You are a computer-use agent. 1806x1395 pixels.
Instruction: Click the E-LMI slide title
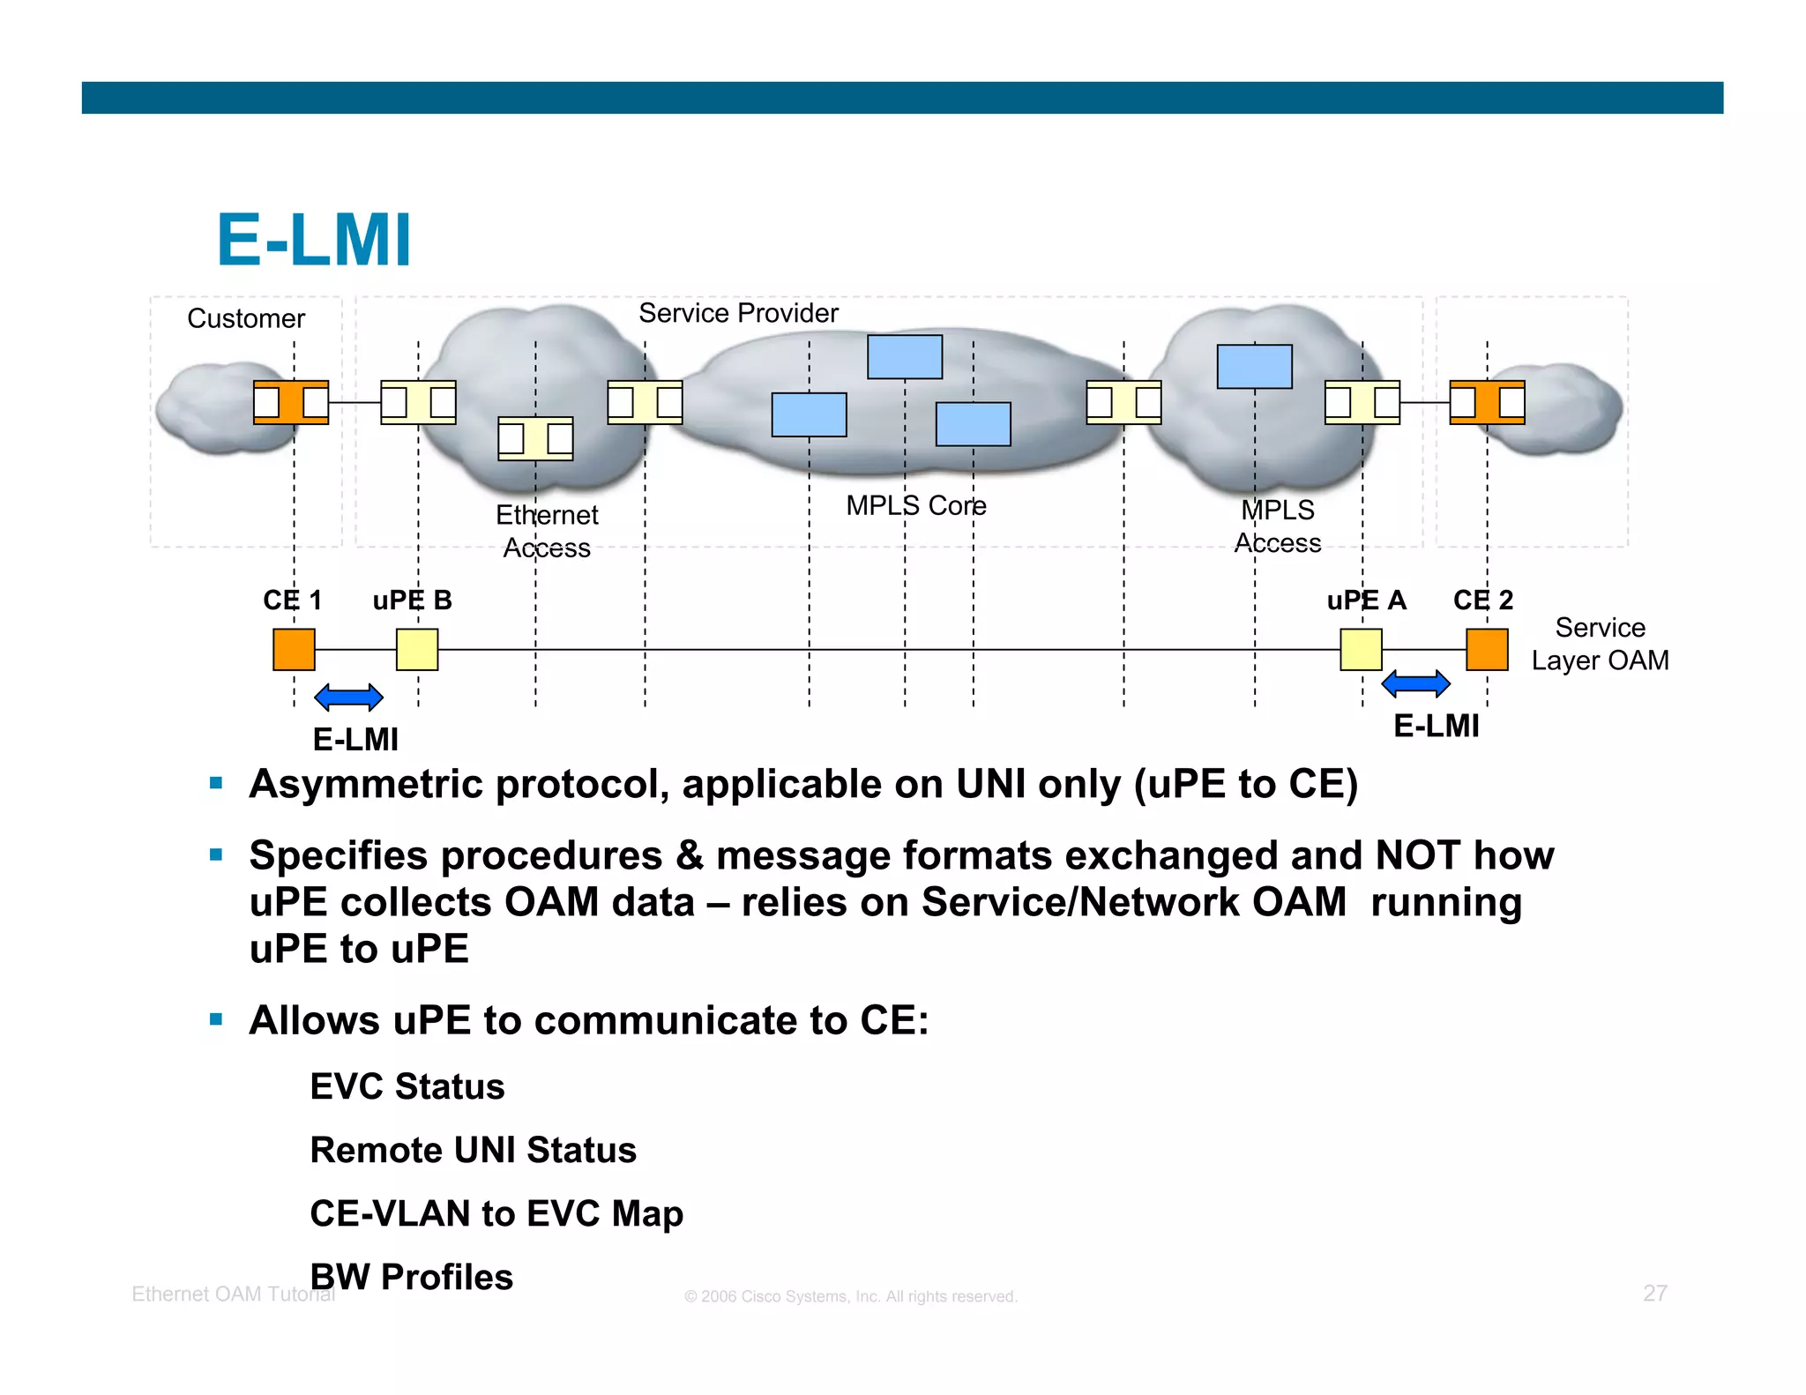[314, 240]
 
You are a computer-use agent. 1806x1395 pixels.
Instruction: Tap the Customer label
[246, 318]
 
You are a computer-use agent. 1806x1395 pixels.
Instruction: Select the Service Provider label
[738, 313]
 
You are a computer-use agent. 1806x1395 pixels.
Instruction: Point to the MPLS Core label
[916, 506]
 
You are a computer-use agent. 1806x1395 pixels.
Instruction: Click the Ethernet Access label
[547, 532]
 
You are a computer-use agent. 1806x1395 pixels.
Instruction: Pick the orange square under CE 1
[294, 650]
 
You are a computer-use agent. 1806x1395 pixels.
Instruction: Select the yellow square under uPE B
[417, 650]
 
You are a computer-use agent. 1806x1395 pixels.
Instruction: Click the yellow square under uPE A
[1361, 650]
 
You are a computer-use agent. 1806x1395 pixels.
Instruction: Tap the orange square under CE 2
[1487, 650]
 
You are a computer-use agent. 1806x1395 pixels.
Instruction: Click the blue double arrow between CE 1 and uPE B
[348, 697]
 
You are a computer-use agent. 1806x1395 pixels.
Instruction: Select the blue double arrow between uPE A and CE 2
[1415, 683]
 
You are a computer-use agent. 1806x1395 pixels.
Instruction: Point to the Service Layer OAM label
[1600, 644]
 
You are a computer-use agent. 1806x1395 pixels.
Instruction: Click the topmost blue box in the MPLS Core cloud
[905, 357]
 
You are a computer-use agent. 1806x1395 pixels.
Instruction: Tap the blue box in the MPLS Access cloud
[1254, 367]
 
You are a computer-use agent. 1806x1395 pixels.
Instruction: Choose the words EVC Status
[407, 1086]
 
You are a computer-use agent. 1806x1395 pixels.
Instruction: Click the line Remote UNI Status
[473, 1150]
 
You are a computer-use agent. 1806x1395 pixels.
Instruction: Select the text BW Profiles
[412, 1277]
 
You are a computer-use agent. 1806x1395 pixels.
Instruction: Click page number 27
[1654, 1294]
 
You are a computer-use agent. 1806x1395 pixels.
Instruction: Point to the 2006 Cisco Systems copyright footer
[851, 1296]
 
